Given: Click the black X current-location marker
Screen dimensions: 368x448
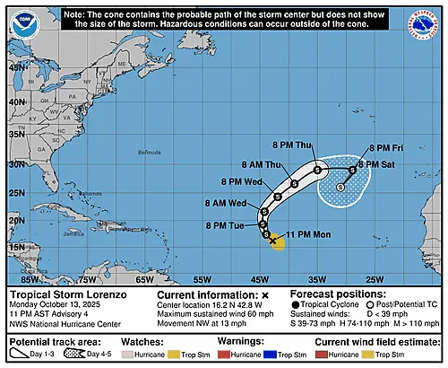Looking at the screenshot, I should coord(272,241).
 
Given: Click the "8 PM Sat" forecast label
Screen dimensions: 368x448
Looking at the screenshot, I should coord(388,165).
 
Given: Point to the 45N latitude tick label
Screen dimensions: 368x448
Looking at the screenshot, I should coord(16,74).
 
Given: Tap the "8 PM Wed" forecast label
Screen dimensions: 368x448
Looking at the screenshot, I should coord(239,182).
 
